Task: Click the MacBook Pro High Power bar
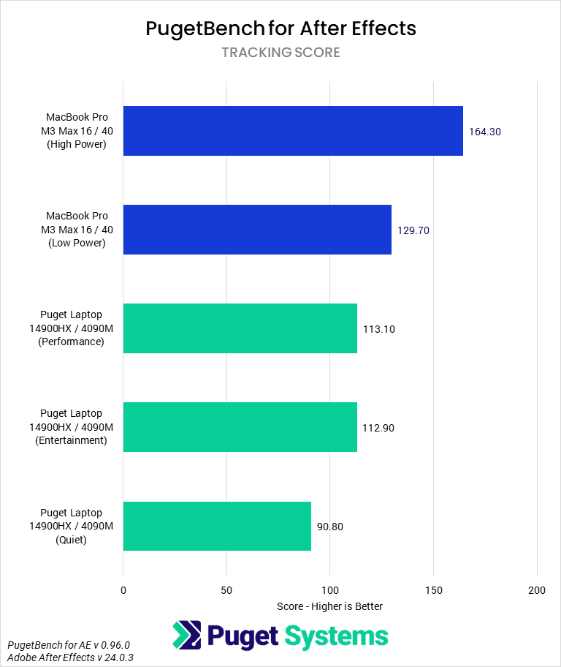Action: pos(293,131)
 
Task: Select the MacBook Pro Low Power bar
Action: pos(257,230)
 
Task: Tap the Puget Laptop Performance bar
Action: pos(240,328)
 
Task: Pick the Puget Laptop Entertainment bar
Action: pos(240,427)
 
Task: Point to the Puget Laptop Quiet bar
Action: pos(217,526)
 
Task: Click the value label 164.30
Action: pos(485,132)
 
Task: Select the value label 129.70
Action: pos(413,230)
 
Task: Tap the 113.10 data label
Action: pos(379,329)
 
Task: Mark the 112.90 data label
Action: pos(379,428)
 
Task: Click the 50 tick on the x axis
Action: pos(226,590)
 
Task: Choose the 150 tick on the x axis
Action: pos(434,590)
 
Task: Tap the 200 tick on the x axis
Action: pos(537,590)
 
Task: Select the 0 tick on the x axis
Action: pos(123,590)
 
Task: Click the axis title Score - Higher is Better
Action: pos(330,606)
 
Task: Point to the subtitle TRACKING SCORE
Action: pos(280,53)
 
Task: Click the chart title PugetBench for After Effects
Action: pos(280,29)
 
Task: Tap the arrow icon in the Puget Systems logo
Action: pos(187,636)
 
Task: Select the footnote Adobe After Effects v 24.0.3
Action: pos(70,657)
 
